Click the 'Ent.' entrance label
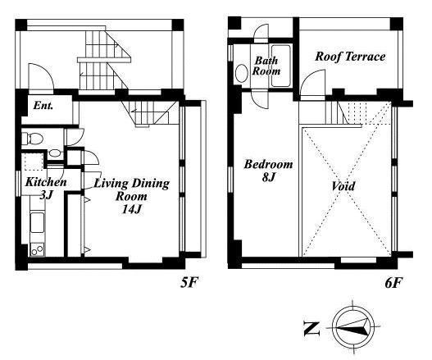pos(43,106)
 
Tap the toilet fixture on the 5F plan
pos(32,138)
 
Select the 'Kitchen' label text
pos(46,182)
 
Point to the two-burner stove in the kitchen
pos(37,250)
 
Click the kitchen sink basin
pos(37,223)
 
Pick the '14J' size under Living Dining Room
pos(132,209)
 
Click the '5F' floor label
pos(189,282)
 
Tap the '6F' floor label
pos(393,283)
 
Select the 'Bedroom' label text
pos(268,164)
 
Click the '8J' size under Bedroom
pos(269,177)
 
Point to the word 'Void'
pos(343,186)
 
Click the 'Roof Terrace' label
pos(350,57)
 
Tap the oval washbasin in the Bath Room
pos(242,73)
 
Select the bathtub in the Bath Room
pos(281,66)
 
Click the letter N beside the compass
pos(311,329)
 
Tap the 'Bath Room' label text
pos(266,66)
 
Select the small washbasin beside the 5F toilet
pos(56,153)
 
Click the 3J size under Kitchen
pos(46,195)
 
